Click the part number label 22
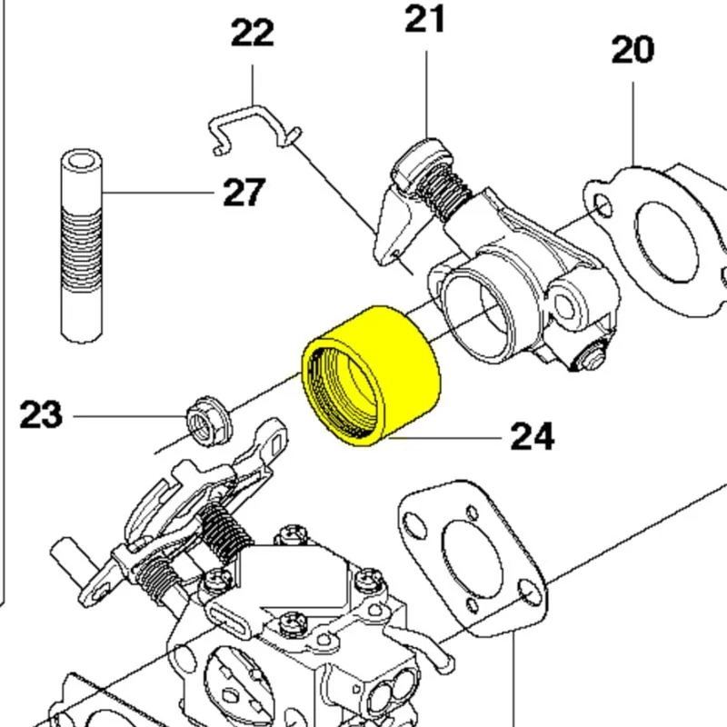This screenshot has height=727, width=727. point(252,34)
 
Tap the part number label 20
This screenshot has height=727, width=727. point(632,50)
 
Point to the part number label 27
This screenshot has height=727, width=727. point(243,193)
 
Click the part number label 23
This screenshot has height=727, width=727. point(41,416)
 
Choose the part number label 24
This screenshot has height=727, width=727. point(532,437)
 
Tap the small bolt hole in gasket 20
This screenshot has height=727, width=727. point(599,201)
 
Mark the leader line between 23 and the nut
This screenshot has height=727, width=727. point(127,417)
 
